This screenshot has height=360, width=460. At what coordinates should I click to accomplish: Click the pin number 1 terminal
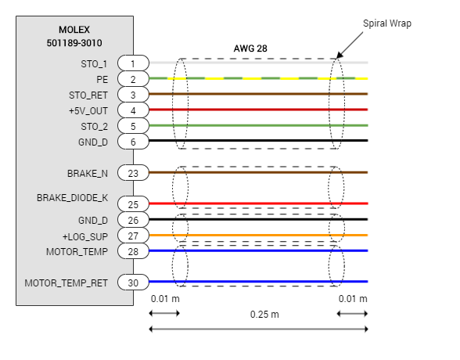coord(133,63)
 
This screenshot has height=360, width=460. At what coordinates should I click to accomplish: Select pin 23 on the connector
coord(133,173)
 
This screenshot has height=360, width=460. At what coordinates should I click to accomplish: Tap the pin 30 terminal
coord(133,283)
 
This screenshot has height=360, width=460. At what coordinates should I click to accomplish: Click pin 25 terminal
coord(133,204)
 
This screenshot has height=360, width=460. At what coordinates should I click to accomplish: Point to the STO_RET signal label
coord(88,95)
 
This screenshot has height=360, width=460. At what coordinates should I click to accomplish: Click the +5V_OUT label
coord(88,111)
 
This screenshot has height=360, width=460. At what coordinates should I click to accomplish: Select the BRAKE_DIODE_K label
coord(73,198)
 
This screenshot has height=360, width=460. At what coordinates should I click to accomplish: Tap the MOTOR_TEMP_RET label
coord(66,283)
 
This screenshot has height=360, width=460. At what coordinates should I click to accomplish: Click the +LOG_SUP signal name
coord(85,236)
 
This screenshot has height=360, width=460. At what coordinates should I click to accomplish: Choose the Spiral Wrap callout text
coord(387,23)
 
